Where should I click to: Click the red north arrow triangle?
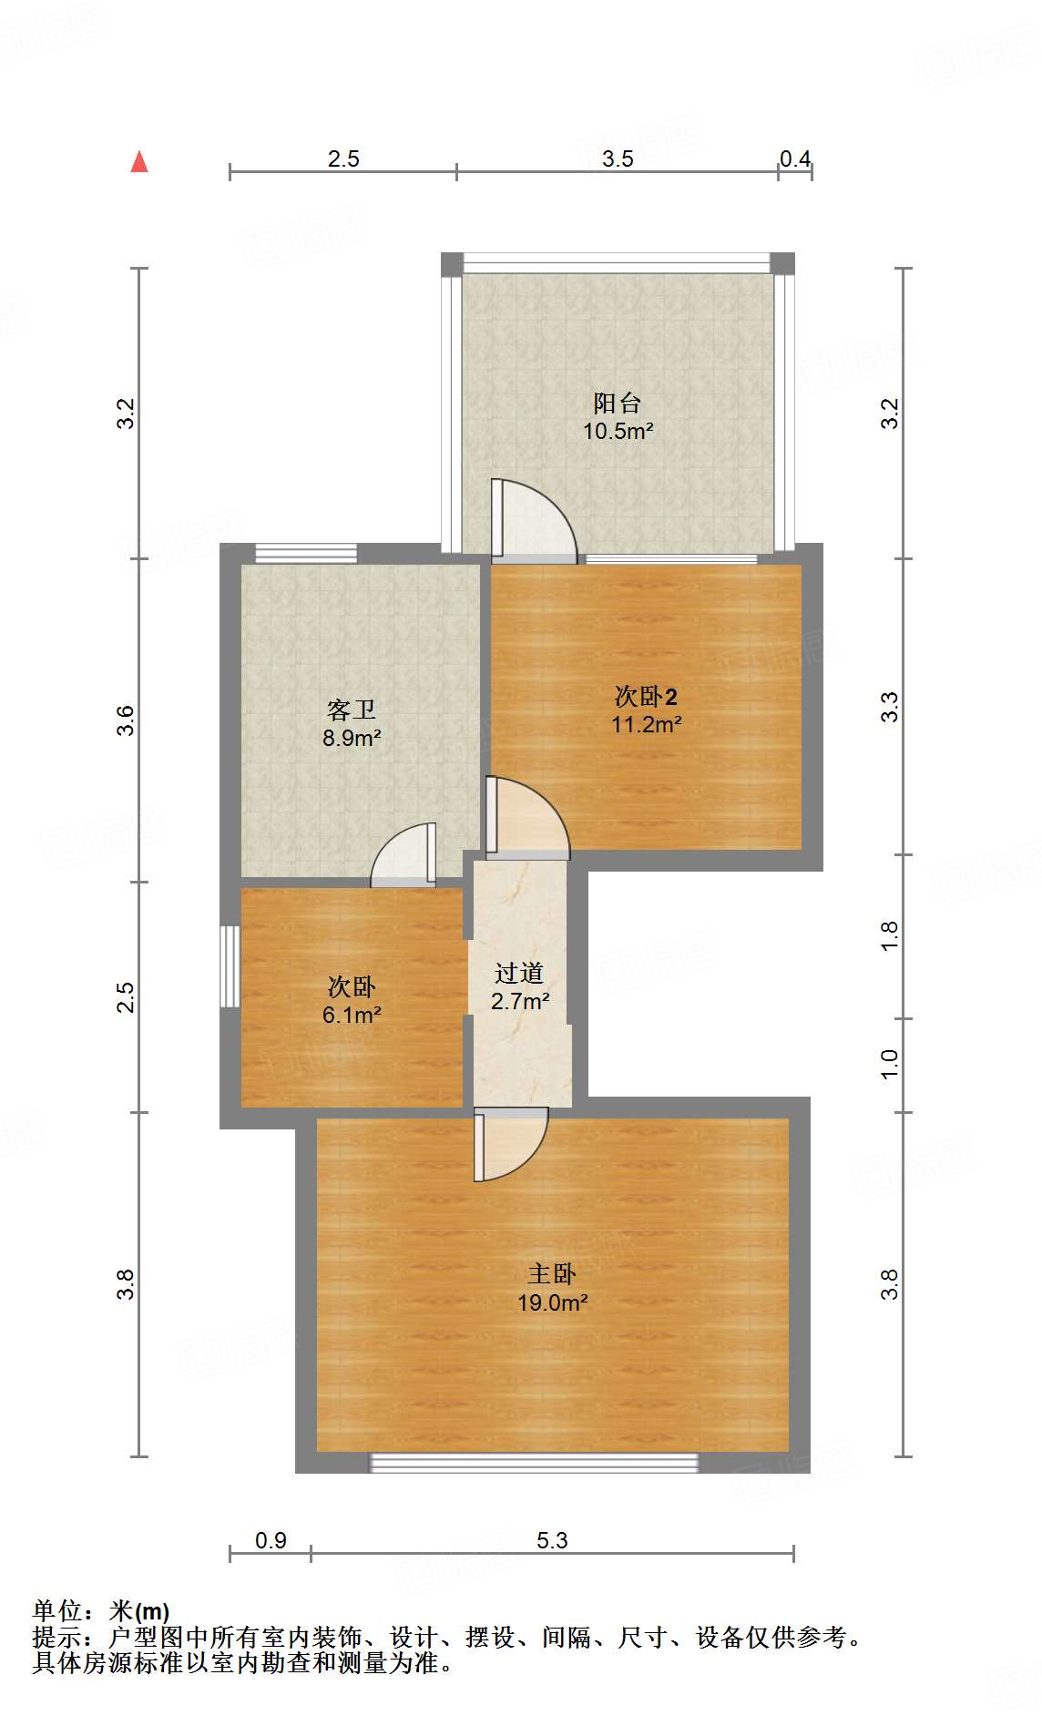coord(139,162)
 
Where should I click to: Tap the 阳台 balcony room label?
coord(618,403)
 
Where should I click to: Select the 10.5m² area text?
coord(618,432)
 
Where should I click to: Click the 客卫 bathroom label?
coord(352,710)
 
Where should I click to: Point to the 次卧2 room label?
coord(646,697)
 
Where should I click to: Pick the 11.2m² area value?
coord(647,725)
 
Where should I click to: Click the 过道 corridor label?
coord(519,973)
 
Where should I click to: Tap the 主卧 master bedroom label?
coord(552,1273)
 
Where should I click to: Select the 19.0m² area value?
coord(552,1302)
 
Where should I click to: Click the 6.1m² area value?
coord(352,1015)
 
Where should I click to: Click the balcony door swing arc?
coord(537,518)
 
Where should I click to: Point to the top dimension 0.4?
coord(795,159)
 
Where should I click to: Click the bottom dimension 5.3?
coord(552,1540)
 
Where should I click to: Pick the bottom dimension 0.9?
coord(271,1540)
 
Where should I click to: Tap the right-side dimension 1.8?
coord(890,935)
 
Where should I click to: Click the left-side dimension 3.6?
coord(126,720)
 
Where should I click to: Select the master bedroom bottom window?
coord(534,1463)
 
